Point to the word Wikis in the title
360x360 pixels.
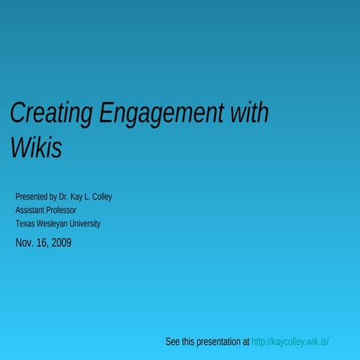pos(35,148)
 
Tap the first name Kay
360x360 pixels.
pos(79,196)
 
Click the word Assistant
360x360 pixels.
pos(31,210)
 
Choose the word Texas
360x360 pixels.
pos(25,223)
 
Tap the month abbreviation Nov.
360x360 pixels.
pos(24,242)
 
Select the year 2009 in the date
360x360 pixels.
pos(61,242)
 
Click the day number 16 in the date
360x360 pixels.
pos(41,242)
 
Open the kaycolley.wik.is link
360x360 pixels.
pos(290,342)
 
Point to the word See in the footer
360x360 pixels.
pos(172,342)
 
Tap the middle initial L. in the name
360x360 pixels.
pos(89,196)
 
